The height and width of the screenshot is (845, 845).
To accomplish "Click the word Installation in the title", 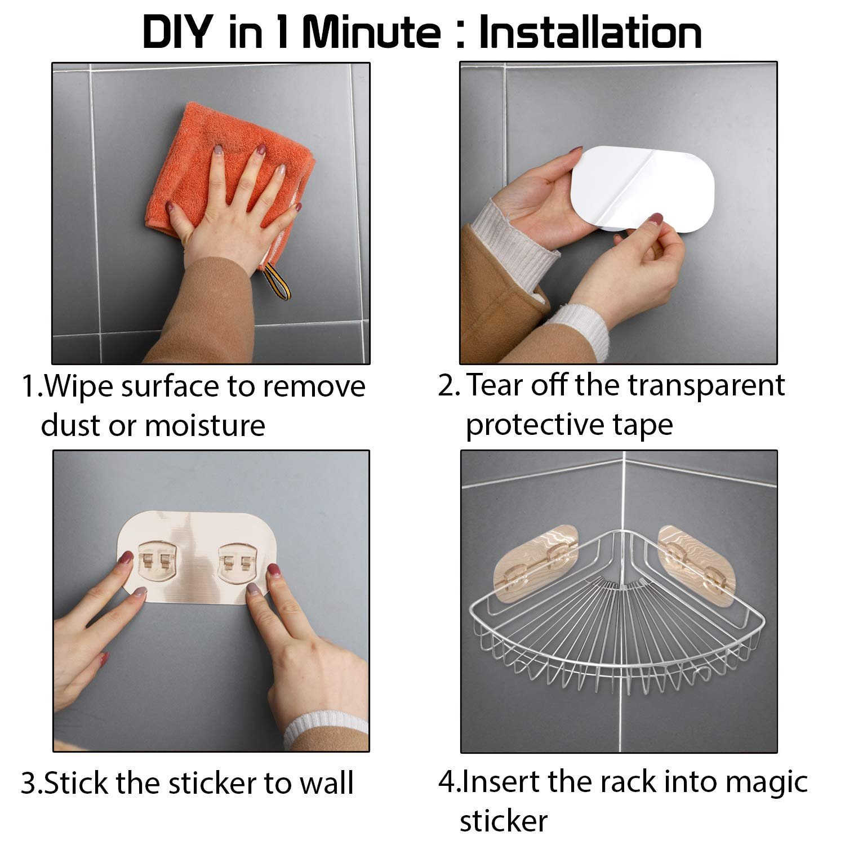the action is click(x=590, y=32).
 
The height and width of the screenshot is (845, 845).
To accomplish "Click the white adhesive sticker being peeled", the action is click(x=642, y=189).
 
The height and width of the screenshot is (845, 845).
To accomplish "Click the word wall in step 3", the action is click(x=326, y=784).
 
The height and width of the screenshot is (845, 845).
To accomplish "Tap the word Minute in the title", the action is click(x=371, y=32).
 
